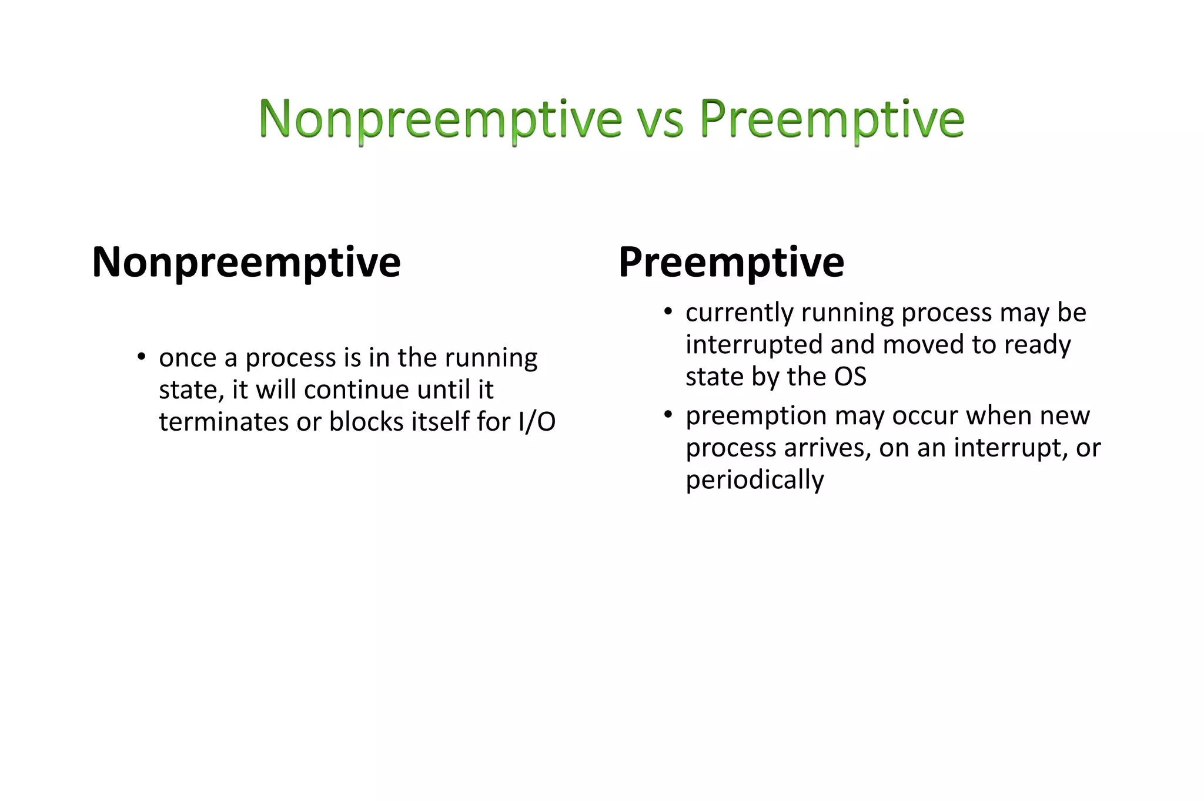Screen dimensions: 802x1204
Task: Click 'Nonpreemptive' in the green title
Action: click(x=440, y=119)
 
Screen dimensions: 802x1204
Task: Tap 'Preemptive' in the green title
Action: click(x=832, y=119)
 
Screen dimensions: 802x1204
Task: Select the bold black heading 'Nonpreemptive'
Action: click(x=246, y=262)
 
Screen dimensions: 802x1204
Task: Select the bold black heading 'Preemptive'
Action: click(x=731, y=262)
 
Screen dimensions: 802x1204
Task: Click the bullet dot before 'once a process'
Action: click(x=141, y=357)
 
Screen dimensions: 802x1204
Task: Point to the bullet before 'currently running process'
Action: click(x=667, y=311)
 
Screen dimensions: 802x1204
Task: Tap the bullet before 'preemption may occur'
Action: click(x=667, y=415)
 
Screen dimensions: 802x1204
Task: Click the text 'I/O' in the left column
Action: click(x=537, y=422)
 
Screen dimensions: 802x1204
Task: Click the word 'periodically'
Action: click(x=754, y=480)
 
